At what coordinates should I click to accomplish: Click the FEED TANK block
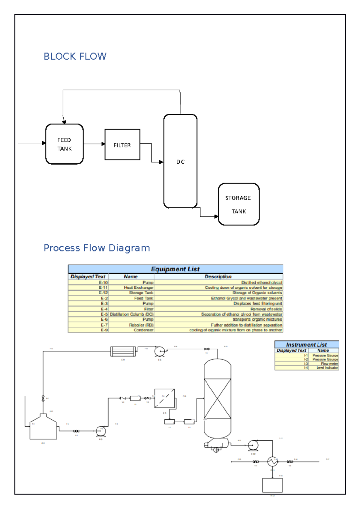tap(64, 144)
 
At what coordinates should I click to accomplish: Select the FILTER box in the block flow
tap(122, 145)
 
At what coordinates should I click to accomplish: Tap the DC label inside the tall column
tap(180, 162)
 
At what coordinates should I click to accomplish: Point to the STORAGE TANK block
tap(238, 204)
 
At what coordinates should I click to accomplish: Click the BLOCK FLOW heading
tap(75, 56)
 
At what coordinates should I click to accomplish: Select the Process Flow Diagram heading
tap(97, 248)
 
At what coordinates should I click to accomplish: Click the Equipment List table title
tap(175, 269)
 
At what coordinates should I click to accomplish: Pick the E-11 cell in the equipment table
tap(103, 287)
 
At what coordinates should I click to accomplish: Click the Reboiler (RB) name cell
tap(141, 325)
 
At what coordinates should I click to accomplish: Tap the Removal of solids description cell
tap(266, 309)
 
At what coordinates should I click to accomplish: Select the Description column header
tap(218, 276)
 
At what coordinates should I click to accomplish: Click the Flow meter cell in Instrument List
tap(329, 364)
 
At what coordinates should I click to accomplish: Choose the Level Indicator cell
tap(327, 368)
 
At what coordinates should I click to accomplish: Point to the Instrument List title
tap(306, 344)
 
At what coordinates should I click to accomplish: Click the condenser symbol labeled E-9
tap(123, 351)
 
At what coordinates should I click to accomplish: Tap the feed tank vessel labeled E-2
tap(43, 427)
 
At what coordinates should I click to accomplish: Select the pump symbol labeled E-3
tap(101, 431)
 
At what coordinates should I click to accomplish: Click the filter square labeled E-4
tap(164, 398)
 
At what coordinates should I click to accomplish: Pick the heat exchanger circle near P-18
tap(272, 462)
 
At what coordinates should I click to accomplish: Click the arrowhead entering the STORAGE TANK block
tap(216, 216)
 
